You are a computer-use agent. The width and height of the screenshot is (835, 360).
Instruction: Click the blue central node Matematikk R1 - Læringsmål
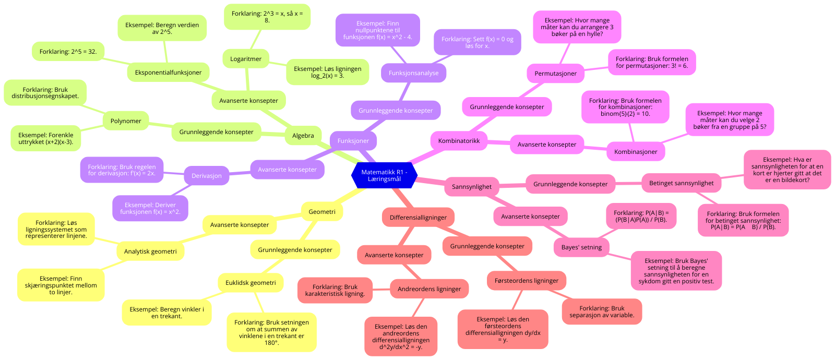tap(384, 176)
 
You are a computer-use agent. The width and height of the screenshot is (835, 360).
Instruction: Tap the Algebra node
tap(303, 136)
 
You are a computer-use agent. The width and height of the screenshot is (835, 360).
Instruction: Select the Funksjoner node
tap(353, 141)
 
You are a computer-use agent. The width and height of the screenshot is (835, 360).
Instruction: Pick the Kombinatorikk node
tap(459, 141)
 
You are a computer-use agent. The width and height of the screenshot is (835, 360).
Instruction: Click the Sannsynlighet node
tap(471, 187)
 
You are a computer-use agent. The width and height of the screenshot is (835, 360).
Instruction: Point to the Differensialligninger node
tap(418, 218)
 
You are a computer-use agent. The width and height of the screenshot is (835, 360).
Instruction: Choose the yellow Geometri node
tap(321, 212)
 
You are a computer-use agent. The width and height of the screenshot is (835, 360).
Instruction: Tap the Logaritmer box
tap(245, 59)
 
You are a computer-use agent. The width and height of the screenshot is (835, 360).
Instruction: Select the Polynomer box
tap(126, 121)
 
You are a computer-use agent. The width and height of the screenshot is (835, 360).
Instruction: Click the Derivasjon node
tap(206, 176)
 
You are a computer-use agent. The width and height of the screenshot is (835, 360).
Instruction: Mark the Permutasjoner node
tap(555, 74)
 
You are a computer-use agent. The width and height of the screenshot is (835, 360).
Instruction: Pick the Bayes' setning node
tap(581, 247)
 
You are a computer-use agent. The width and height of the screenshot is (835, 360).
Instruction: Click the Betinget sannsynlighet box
tap(681, 183)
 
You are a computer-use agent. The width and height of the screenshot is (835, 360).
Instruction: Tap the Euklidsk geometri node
tap(250, 283)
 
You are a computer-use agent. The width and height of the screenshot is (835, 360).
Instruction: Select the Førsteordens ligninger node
tap(526, 281)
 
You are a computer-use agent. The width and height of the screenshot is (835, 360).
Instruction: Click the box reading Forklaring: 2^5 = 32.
tap(68, 52)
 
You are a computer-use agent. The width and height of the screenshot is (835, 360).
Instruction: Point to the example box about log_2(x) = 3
tap(327, 72)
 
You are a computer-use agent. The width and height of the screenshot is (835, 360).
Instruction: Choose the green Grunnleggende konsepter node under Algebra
tap(216, 132)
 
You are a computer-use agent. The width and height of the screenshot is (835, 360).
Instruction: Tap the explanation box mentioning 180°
tap(271, 332)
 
